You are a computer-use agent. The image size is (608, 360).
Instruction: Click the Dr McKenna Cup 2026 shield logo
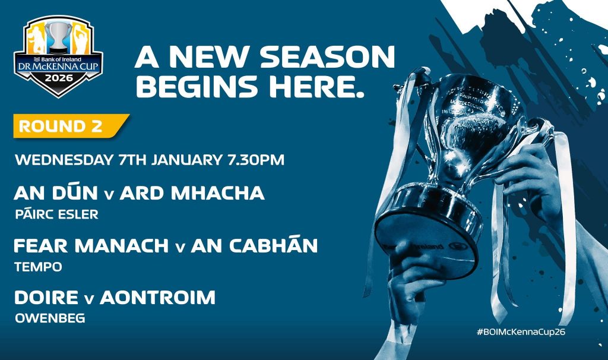(x=59, y=56)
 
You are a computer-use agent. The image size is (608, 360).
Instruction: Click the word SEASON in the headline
(x=328, y=57)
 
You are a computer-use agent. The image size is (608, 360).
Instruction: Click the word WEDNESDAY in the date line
(x=64, y=160)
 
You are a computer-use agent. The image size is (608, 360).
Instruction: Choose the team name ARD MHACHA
(x=192, y=193)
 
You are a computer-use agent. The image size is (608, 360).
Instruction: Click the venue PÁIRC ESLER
(x=56, y=214)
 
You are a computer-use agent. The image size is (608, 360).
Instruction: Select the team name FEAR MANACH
(x=91, y=245)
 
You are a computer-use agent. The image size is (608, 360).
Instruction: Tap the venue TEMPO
(x=39, y=267)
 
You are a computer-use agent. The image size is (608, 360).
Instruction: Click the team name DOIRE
(x=46, y=298)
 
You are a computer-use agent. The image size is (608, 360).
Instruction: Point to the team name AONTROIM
(x=158, y=298)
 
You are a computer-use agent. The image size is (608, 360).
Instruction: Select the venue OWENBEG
(x=50, y=318)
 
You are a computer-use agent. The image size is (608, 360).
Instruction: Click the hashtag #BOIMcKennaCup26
(x=521, y=332)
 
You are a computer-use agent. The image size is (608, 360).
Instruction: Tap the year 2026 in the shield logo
(x=59, y=78)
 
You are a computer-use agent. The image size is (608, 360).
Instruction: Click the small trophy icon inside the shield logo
(x=59, y=37)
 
